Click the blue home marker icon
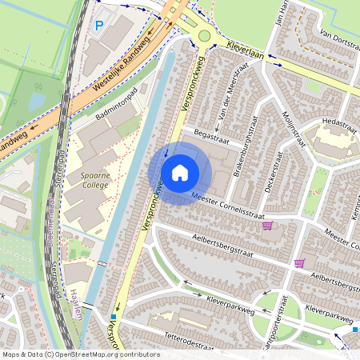click(180, 173)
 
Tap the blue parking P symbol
click(99, 26)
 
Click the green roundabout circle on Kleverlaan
click(205, 35)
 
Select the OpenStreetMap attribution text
click(81, 354)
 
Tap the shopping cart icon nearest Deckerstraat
click(267, 226)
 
